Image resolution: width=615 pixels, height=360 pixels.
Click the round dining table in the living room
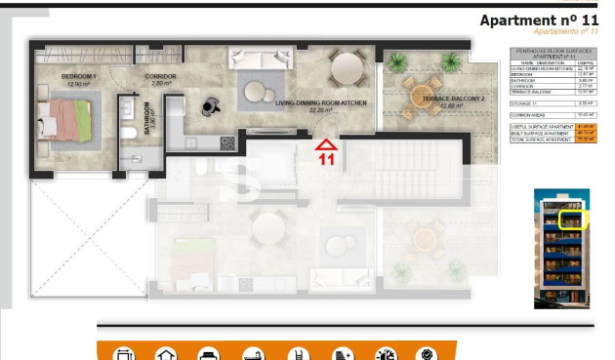pyautogui.click(x=346, y=68)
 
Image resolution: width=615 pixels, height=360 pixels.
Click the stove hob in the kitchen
pyautogui.click(x=226, y=143)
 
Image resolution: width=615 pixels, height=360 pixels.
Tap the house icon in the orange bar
pyautogui.click(x=165, y=353)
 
